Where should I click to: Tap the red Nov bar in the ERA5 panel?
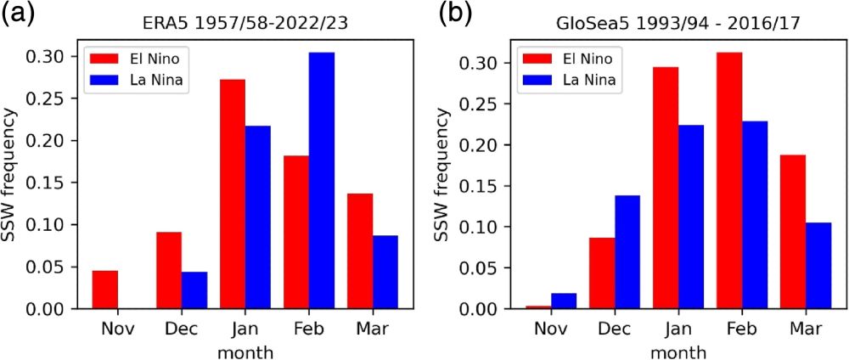(104, 290)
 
